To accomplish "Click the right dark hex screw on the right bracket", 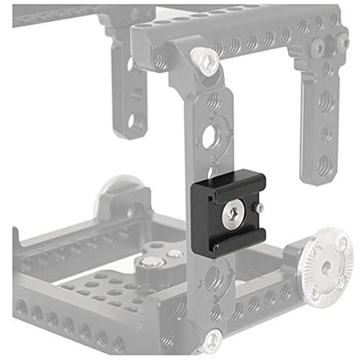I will (x=342, y=42).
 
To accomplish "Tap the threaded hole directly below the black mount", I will (x=216, y=278).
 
